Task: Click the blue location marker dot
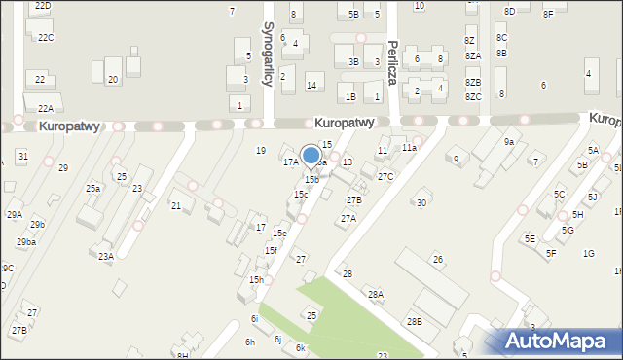[x=311, y=155]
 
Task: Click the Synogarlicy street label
[x=268, y=55]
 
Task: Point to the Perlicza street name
[x=392, y=63]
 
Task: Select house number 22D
[x=42, y=6]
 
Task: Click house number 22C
[x=46, y=37]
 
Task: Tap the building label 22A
[x=46, y=109]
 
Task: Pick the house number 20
[x=113, y=79]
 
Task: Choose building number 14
[x=311, y=86]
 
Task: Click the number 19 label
[x=260, y=150]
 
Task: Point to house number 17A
[x=290, y=162]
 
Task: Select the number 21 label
[x=176, y=205]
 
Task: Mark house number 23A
[x=106, y=256]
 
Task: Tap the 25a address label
[x=92, y=188]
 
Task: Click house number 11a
[x=409, y=148]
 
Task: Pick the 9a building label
[x=508, y=142]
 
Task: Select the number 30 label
[x=421, y=202]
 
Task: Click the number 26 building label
[x=438, y=259]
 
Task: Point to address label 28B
[x=415, y=321]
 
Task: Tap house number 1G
[x=588, y=253]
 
